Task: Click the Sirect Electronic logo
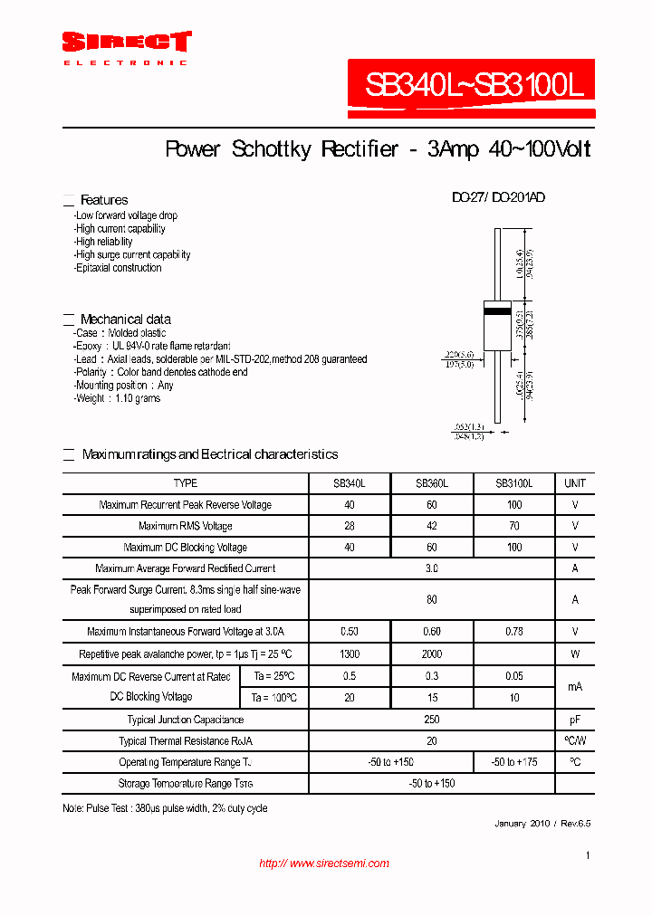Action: [x=126, y=46]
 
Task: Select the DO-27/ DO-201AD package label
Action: [x=498, y=197]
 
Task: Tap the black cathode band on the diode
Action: [x=497, y=311]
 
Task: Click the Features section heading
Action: [x=104, y=200]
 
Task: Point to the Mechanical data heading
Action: [x=125, y=320]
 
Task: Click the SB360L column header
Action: [x=431, y=483]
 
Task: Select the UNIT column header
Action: [x=575, y=483]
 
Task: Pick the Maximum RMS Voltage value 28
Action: [x=350, y=526]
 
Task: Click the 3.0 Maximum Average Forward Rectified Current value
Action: [x=431, y=568]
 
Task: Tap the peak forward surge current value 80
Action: [x=431, y=599]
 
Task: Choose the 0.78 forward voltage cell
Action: [x=513, y=631]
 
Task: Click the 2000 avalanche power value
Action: [x=431, y=654]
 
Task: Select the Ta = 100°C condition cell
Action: [x=274, y=697]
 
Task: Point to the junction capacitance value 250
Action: [x=431, y=720]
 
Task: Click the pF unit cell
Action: [x=575, y=720]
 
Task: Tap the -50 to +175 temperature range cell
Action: [x=513, y=762]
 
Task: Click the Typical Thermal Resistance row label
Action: [x=186, y=741]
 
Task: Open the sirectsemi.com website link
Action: [x=324, y=864]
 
